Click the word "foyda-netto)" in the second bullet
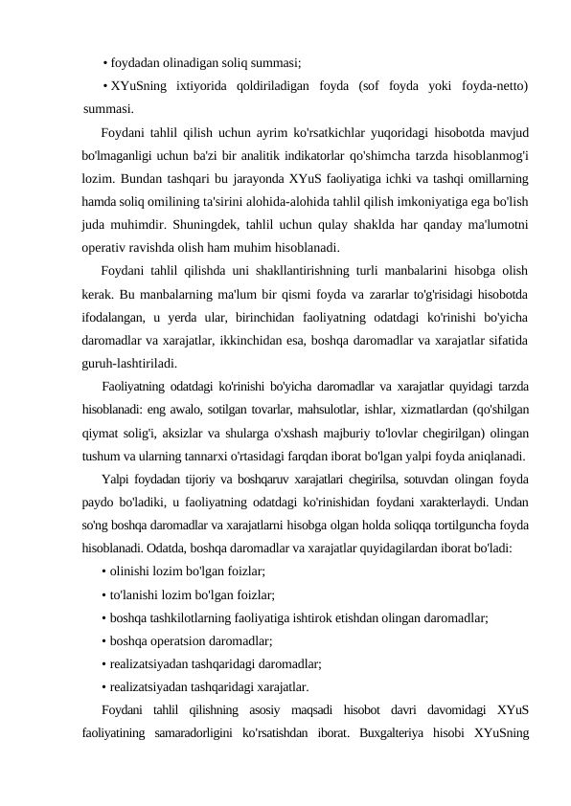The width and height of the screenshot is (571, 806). [x=489, y=86]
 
